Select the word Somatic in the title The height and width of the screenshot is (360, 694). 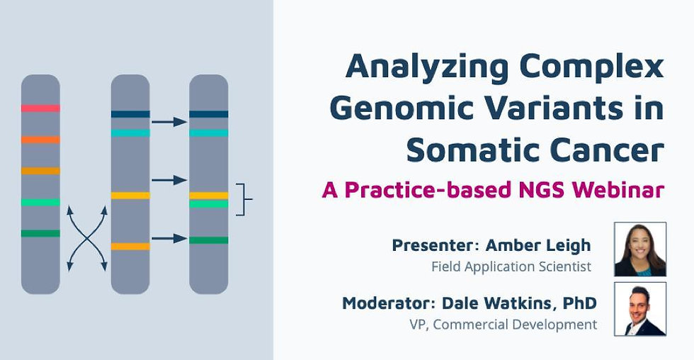472,150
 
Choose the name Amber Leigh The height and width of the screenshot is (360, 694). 538,245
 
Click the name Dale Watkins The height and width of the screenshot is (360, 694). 496,303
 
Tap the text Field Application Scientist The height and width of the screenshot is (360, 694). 511,266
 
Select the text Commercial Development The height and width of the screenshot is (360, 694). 515,325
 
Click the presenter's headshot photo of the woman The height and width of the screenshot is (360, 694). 640,249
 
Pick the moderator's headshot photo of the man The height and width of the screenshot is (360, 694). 640,309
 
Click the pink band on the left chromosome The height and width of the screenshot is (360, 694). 40,108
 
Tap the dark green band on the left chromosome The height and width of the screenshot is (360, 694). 40,233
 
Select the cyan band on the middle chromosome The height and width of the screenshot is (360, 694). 130,133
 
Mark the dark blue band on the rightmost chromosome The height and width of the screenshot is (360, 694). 208,114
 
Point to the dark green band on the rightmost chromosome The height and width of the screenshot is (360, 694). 208,240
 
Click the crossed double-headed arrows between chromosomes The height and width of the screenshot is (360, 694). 87,238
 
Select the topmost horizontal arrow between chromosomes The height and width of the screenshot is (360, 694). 169,122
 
